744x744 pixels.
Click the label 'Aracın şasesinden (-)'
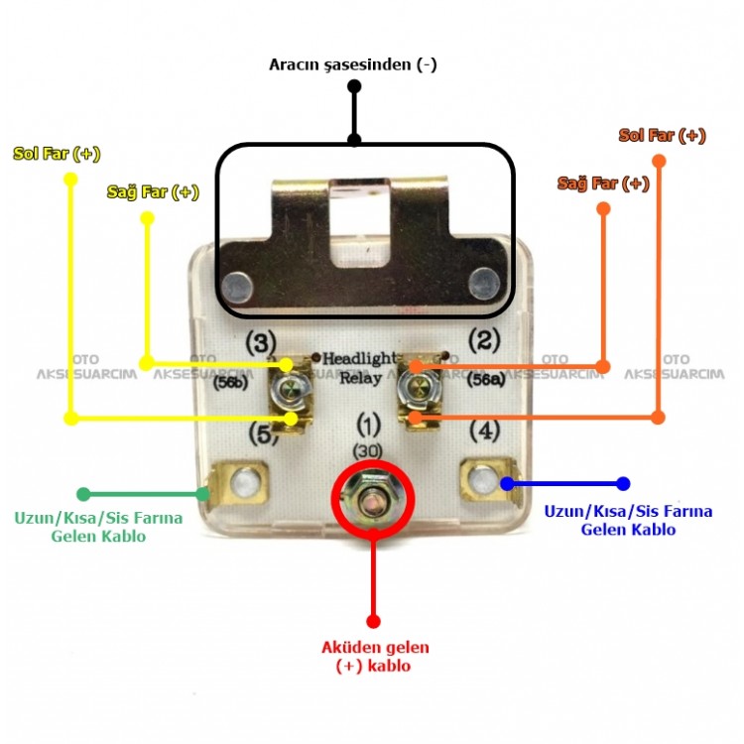[352, 64]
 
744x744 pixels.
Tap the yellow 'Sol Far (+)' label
[57, 154]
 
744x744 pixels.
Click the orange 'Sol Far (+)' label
[662, 135]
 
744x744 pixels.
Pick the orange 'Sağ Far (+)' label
[603, 184]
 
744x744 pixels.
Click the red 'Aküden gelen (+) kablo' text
[375, 657]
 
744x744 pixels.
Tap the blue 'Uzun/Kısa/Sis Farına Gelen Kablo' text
[628, 520]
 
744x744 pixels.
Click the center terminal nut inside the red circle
[373, 496]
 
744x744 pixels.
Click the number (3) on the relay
[260, 343]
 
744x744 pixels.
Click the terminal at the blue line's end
[485, 482]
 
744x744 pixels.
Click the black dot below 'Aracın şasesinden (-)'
[354, 87]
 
